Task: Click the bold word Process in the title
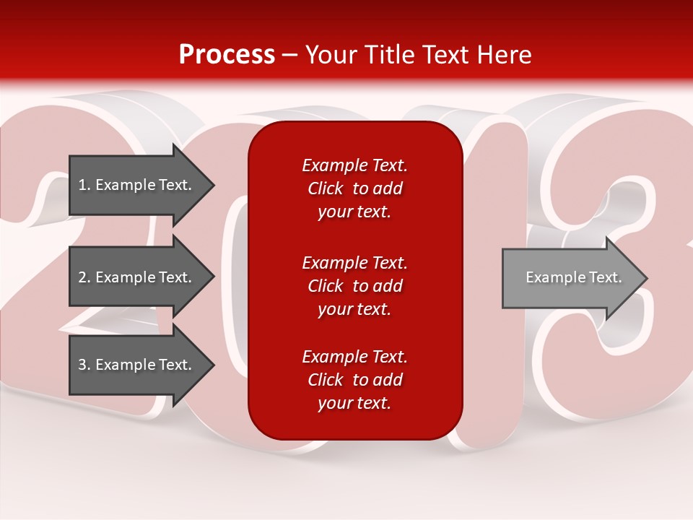(227, 55)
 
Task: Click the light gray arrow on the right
(570, 277)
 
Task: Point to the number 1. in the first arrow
(84, 185)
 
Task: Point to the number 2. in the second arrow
(84, 277)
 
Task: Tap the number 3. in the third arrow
(84, 365)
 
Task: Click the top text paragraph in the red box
(354, 188)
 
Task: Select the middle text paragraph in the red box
(354, 285)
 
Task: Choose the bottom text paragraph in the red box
(354, 380)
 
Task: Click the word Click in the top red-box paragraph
(325, 188)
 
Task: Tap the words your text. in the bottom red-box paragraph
(354, 404)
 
